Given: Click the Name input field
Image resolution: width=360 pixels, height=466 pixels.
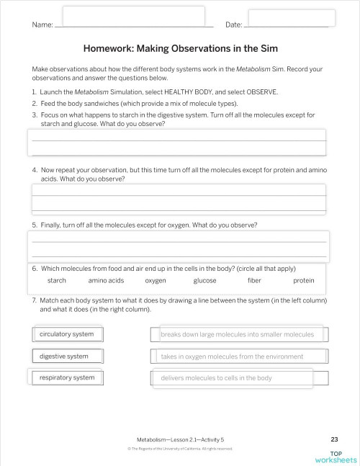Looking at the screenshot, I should point(133,16).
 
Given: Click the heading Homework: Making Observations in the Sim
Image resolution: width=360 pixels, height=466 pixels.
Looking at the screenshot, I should point(180,49).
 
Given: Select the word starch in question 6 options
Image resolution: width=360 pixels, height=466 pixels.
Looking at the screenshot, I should point(57,280).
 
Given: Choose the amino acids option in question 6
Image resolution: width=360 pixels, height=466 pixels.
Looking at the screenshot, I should point(106,280).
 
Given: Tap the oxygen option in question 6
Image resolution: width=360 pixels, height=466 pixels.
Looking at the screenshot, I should point(156,280).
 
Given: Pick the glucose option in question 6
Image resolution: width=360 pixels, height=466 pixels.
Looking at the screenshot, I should point(204,280).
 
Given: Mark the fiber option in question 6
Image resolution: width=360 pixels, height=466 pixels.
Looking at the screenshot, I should point(254,280).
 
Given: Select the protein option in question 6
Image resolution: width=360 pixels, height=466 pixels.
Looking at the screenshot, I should point(303,280).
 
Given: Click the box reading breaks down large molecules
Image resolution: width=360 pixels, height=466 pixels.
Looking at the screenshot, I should point(238,334).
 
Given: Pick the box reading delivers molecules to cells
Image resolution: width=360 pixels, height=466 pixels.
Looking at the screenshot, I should point(232,377).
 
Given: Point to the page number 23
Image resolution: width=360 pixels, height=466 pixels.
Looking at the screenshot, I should point(334,439).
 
